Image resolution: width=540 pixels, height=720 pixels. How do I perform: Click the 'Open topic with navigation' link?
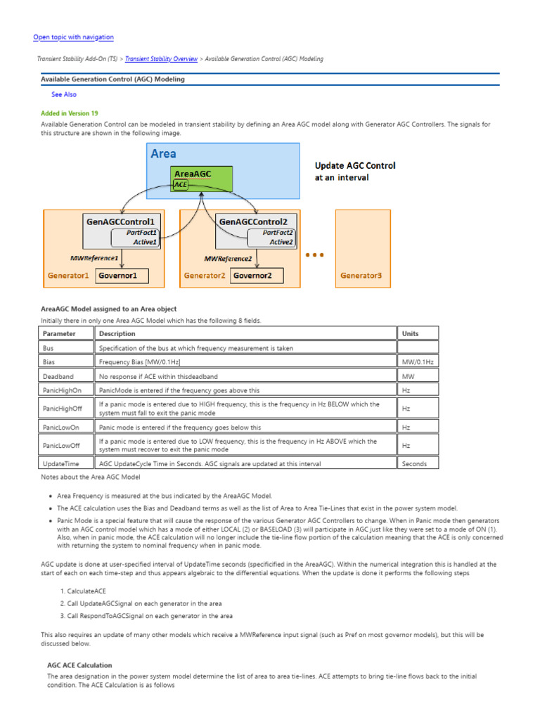coord(73,37)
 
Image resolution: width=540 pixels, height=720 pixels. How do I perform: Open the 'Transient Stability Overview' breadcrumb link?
coord(161,59)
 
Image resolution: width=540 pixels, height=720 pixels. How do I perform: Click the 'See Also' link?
coord(64,94)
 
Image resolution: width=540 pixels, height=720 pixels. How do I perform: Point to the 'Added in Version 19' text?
coord(70,112)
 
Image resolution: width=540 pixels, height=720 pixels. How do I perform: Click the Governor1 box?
coord(122,276)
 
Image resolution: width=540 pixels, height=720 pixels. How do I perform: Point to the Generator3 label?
coord(361,276)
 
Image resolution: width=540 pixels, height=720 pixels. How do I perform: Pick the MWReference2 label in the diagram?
coord(228,258)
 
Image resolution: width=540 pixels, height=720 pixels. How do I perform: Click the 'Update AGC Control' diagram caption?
coord(355,166)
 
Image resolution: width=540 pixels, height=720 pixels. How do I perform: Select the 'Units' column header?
coord(409,333)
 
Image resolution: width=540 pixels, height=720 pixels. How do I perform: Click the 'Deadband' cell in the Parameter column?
coord(58,376)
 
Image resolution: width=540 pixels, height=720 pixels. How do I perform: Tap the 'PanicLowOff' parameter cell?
coord(61,445)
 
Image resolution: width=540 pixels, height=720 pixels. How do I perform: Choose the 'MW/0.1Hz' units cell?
coord(418,361)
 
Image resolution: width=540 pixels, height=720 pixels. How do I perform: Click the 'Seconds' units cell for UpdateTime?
coord(414,463)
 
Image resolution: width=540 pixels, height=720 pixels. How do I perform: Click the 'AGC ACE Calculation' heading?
coord(79,664)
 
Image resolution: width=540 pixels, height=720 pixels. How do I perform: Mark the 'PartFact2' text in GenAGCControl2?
coord(278,232)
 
